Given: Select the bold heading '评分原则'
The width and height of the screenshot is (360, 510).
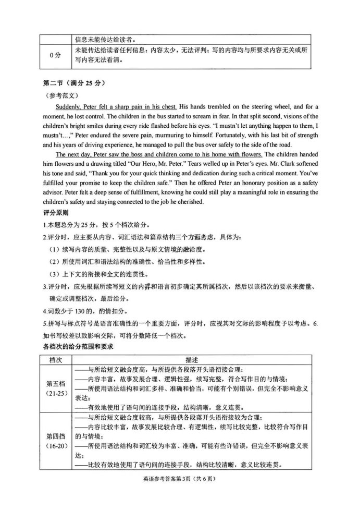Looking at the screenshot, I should coord(54,213).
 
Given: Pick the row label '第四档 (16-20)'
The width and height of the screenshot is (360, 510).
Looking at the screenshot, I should coord(56,441).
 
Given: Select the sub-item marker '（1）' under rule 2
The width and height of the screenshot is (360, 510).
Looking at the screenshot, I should coord(54,249).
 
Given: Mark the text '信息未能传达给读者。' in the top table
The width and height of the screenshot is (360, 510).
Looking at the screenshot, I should coord(104,37).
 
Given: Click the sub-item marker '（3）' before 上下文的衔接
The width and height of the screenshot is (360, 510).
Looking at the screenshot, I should coord(54,273).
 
